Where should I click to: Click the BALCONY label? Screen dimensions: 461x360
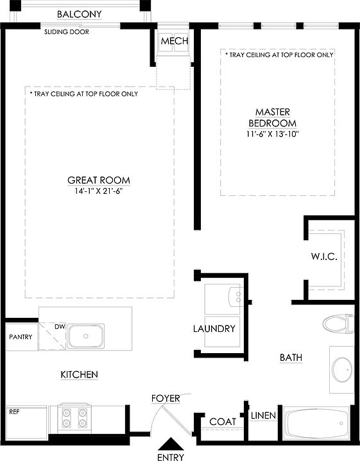80,14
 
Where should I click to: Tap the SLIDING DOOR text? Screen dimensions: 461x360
67,31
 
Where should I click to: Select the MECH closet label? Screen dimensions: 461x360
174,42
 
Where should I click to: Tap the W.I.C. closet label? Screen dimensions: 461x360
324,257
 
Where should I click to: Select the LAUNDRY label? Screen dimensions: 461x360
214,329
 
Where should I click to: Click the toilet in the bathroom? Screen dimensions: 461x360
339,323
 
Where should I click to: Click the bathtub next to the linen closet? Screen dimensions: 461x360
317,424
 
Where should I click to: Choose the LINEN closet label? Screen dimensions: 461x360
263,415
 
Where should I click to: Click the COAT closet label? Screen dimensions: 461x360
222,422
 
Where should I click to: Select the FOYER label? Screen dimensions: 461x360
166,398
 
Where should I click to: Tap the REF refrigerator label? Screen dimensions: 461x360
14,411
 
